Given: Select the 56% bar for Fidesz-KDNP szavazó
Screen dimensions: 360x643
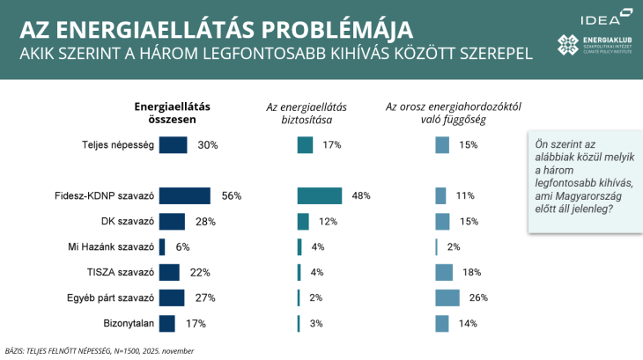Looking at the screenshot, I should pos(184,195).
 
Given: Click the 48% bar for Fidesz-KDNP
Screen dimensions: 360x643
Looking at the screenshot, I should pos(320,195).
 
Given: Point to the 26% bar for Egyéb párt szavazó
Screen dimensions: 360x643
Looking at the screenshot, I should pos(447,298).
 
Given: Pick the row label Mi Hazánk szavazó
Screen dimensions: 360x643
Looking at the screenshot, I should pos(112,246).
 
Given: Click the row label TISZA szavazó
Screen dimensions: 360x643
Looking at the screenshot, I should pos(122,272).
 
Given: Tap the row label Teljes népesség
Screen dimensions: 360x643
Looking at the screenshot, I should pos(117,144).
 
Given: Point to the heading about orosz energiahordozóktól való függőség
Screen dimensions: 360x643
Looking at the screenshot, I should pos(454,113).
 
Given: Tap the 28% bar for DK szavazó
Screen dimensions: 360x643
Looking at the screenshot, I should pos(172,221).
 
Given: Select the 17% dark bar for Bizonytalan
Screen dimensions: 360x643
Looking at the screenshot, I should pos(166,323).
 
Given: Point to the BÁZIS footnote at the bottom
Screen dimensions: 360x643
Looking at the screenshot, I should pos(100,350).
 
